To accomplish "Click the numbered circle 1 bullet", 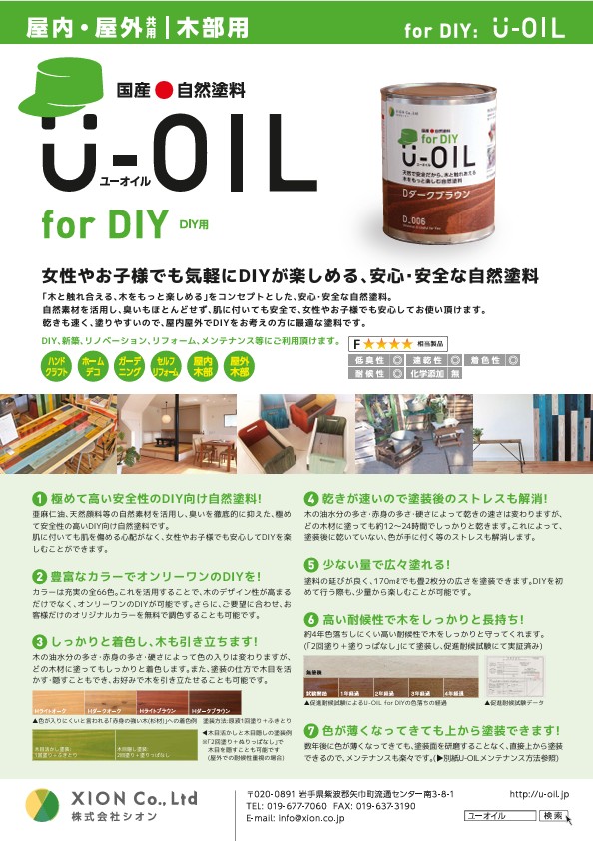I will point(38,497).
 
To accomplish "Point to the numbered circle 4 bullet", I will point(311,497).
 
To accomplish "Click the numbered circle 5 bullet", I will point(311,564).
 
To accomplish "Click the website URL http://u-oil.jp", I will point(539,795).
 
